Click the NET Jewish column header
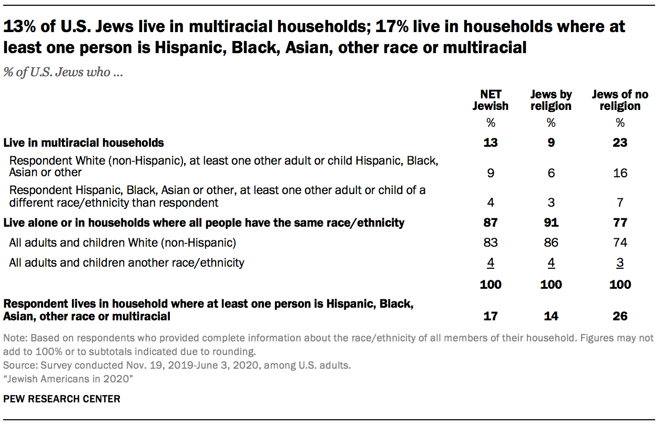coord(490,100)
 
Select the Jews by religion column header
coord(551,100)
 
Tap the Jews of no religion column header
coord(620,100)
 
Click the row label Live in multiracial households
coord(84,143)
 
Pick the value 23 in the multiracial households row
coord(620,143)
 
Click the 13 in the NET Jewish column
coord(490,143)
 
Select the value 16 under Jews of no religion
coord(620,173)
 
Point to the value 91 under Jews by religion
coord(551,222)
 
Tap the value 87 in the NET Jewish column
coord(490,222)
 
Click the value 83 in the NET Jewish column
coord(490,242)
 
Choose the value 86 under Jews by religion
coord(551,242)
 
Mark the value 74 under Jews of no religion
coord(620,242)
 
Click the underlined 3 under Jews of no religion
coord(620,262)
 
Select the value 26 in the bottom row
coord(620,316)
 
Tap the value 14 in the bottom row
coord(551,316)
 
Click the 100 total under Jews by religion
coord(551,285)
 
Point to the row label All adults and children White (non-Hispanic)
coord(123,242)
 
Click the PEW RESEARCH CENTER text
coord(62,399)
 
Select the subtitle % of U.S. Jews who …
coord(63,72)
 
